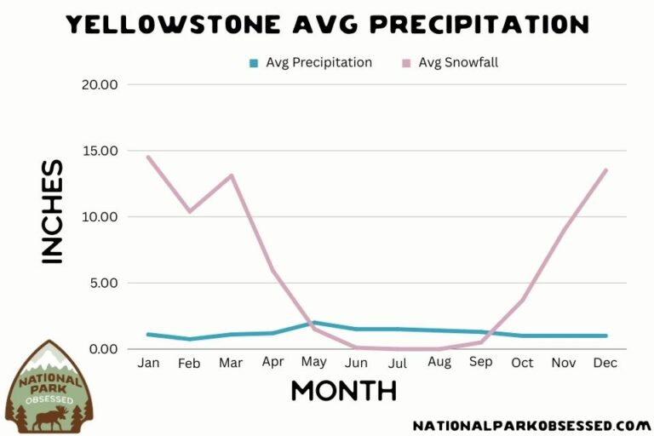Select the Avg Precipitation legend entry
[310, 62]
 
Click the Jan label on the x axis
[148, 363]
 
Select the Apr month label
[272, 363]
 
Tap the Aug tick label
[439, 363]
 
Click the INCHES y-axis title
[52, 211]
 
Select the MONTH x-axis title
[343, 391]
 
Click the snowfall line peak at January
[148, 157]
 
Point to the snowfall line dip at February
[189, 211]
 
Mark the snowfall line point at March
[231, 175]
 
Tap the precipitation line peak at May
[314, 323]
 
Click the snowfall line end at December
[605, 169]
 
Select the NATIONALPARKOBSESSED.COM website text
[531, 425]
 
